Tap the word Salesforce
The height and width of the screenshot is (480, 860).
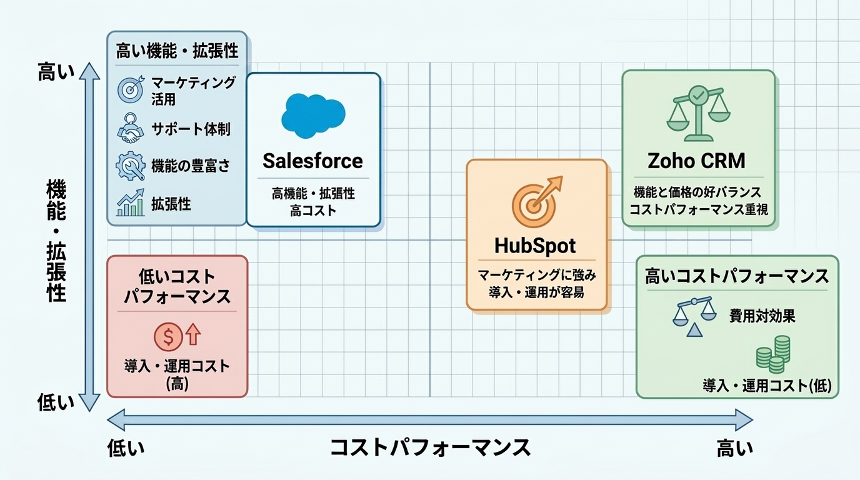(x=312, y=161)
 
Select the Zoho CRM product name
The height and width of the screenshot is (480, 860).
(x=696, y=161)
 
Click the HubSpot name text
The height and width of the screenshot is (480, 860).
(x=535, y=246)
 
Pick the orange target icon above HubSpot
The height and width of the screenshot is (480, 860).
(x=536, y=202)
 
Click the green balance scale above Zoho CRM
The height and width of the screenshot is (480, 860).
(x=698, y=113)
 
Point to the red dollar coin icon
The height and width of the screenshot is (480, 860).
(x=168, y=337)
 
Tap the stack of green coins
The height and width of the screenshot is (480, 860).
(x=773, y=354)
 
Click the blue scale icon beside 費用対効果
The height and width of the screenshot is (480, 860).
(x=694, y=316)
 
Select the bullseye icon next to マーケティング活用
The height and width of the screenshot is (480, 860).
(x=131, y=89)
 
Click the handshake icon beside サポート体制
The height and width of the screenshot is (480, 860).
(x=130, y=128)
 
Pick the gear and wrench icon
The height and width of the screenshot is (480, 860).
(x=131, y=166)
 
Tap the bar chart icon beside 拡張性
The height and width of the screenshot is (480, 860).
(x=131, y=202)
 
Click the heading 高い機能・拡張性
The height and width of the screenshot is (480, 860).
(x=177, y=51)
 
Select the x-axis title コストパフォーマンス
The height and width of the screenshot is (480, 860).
(x=430, y=447)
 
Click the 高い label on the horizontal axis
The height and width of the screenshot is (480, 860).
(x=735, y=448)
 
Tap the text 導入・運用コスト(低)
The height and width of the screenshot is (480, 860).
(x=767, y=386)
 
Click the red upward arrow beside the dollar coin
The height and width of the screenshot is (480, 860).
(x=193, y=334)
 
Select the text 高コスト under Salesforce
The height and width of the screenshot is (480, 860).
(x=313, y=211)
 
